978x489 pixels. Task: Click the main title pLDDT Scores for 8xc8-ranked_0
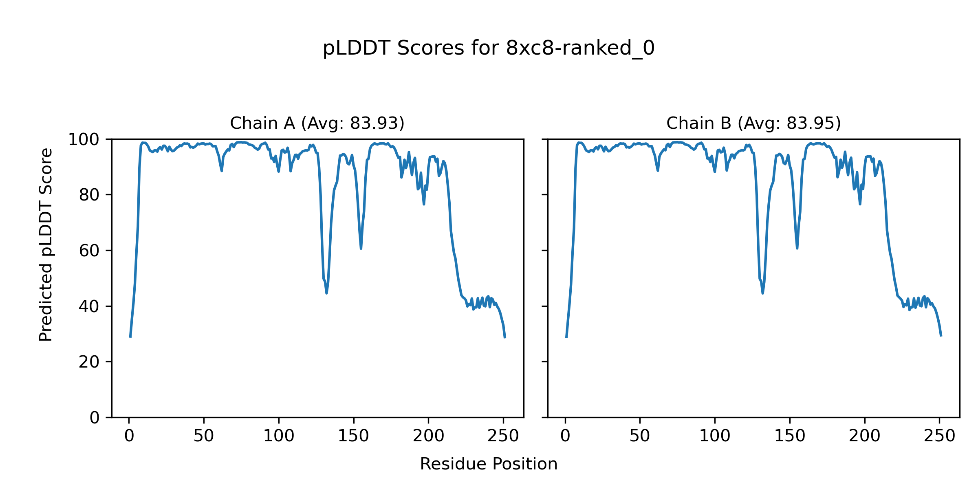pos(489,48)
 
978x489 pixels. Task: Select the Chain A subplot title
pos(317,123)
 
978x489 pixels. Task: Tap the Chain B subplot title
pos(753,123)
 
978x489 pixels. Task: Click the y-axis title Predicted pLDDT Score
pos(46,244)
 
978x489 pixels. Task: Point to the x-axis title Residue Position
pos(489,464)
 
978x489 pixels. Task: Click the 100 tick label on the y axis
pos(84,140)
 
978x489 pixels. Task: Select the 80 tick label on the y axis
pos(89,195)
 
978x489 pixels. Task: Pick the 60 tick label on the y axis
pos(89,251)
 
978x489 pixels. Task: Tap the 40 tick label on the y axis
pos(89,306)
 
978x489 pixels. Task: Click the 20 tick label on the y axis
pos(89,362)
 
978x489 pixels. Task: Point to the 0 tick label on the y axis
pos(95,418)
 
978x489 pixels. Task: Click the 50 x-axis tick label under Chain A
pos(204,436)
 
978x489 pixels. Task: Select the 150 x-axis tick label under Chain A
pos(354,436)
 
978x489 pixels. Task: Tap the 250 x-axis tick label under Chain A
pos(503,436)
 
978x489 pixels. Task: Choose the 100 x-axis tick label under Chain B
pos(715,436)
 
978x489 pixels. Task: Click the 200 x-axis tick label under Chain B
pos(864,436)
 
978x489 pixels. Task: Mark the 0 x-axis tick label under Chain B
pos(565,436)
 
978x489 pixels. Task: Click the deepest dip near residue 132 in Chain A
pos(327,293)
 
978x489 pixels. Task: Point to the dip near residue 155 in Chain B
pos(797,248)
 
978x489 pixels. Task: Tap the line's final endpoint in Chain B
pos(941,336)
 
